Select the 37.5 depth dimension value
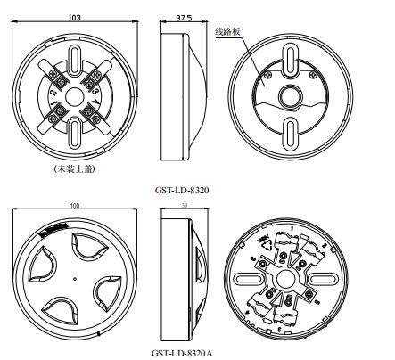click(x=182, y=16)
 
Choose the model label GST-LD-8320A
click(x=183, y=353)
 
